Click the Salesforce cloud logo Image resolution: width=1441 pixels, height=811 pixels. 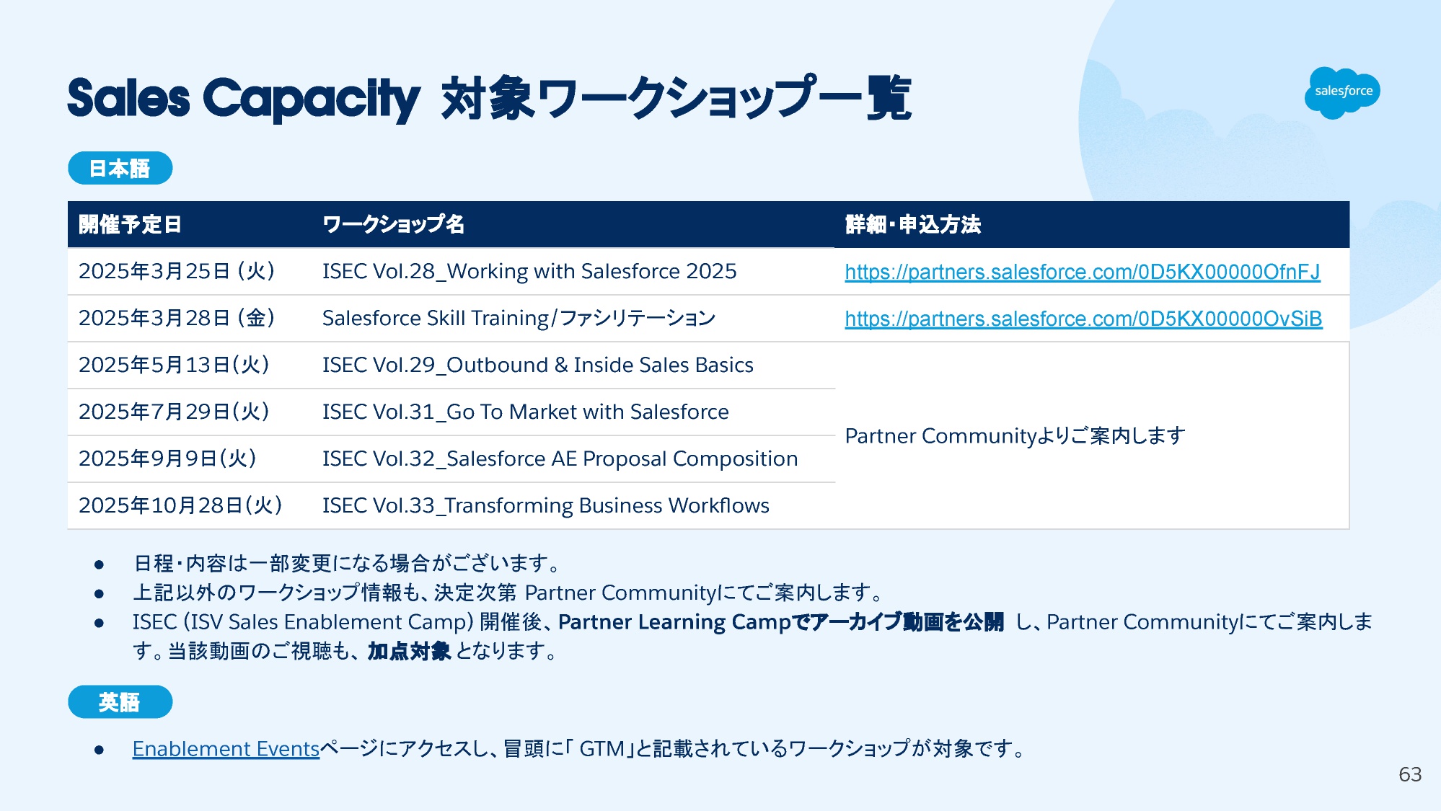tap(1341, 92)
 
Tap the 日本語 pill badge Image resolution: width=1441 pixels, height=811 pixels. tap(120, 168)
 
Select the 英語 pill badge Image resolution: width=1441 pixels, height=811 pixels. tap(120, 701)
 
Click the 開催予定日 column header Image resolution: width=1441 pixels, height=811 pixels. tap(130, 224)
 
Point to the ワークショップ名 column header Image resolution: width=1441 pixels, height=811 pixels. tap(393, 224)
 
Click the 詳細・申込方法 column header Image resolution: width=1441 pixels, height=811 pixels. tap(913, 224)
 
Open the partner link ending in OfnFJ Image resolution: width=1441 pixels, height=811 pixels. tap(1083, 272)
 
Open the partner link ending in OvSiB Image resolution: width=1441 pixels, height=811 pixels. tap(1083, 319)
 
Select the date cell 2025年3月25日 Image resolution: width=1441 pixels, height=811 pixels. tap(177, 271)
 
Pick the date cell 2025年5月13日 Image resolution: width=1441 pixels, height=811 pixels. tap(174, 365)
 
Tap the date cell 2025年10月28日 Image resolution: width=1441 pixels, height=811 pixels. tap(180, 505)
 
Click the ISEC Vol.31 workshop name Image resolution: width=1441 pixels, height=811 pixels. tap(525, 412)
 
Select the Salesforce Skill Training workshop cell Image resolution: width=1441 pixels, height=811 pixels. tap(519, 318)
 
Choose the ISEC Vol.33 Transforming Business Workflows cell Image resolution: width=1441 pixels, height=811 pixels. tap(546, 505)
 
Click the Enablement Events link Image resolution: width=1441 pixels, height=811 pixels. tap(226, 749)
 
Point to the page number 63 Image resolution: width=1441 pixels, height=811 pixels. tap(1410, 774)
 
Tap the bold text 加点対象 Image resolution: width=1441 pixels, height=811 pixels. tap(409, 651)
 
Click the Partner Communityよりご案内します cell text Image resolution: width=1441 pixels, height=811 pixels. tap(1015, 435)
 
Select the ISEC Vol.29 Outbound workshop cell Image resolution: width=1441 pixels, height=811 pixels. tap(538, 365)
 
